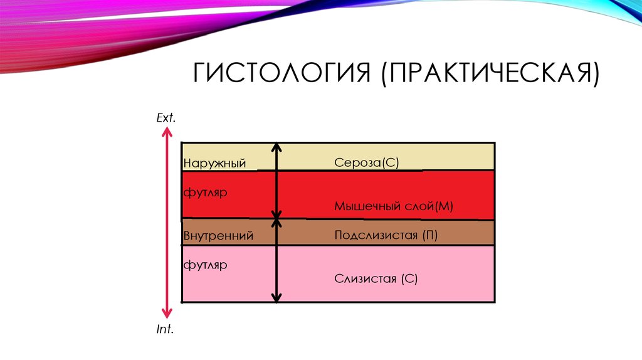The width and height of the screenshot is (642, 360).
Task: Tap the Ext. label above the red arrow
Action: (x=166, y=117)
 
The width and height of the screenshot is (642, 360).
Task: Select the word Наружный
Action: (x=214, y=164)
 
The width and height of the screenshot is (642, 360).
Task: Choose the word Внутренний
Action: (x=218, y=236)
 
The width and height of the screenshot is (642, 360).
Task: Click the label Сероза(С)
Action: (x=367, y=162)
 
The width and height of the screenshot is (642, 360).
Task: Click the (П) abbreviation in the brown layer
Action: (x=429, y=235)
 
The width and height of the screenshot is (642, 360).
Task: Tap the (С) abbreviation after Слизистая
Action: (x=409, y=279)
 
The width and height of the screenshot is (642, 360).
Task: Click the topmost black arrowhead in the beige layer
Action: (x=276, y=148)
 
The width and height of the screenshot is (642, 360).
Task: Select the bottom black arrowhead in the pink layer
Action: (x=276, y=299)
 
